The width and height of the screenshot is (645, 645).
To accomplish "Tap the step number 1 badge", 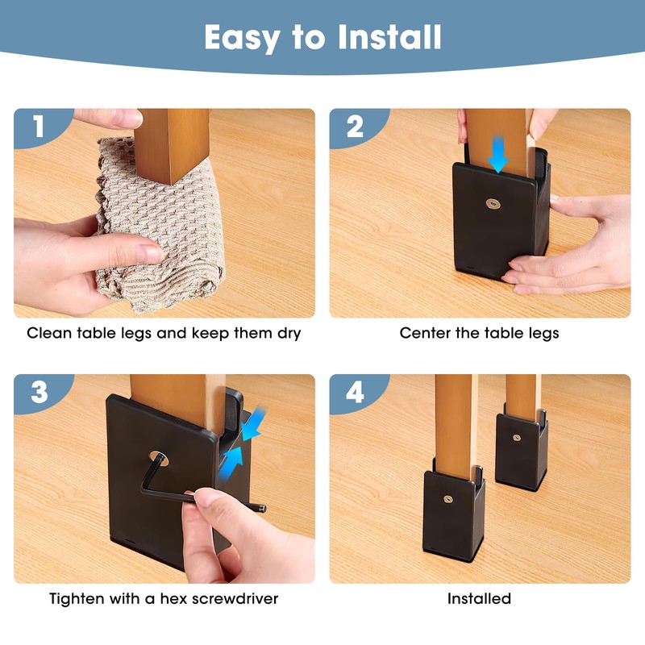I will (36, 127).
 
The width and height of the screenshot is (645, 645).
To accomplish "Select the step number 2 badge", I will (352, 127).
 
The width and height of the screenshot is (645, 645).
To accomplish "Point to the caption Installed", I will (479, 598).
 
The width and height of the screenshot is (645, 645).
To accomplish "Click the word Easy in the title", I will (243, 37).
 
